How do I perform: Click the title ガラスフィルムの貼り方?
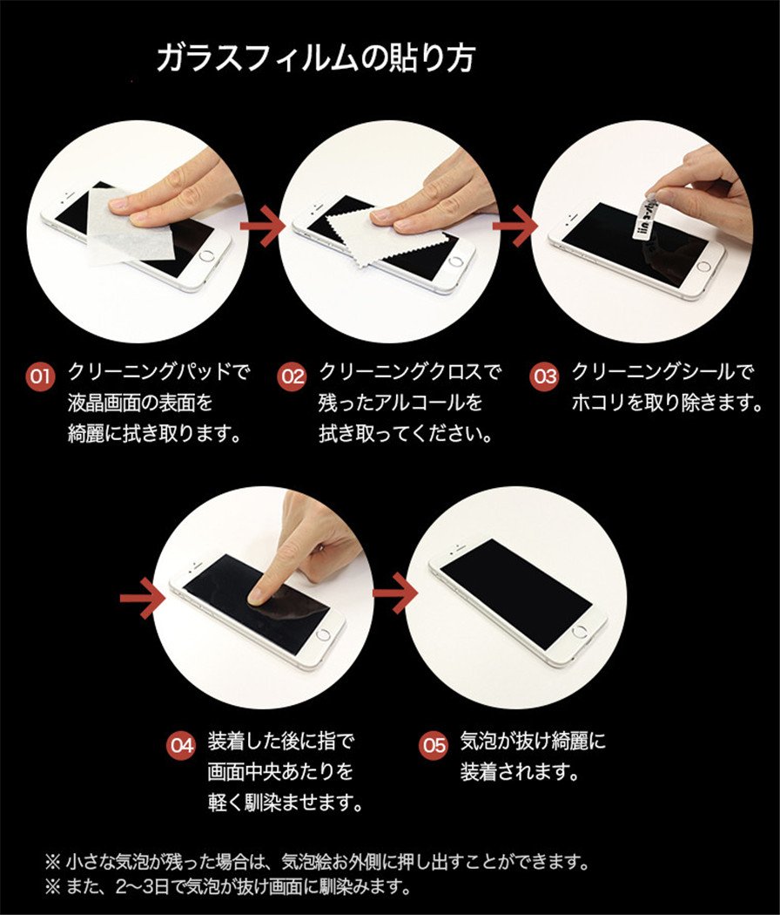pos(315,58)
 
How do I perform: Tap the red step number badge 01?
pos(41,376)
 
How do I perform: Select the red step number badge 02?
pos(292,376)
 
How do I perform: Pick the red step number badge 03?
pos(544,376)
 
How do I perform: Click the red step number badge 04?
pos(181,745)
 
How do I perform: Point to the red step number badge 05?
pos(434,745)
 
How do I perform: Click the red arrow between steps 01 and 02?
pos(262,225)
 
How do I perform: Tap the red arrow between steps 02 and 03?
pos(514,226)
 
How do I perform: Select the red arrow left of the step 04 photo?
pos(142,598)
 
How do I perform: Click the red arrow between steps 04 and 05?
pos(395,593)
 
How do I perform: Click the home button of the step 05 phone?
pos(580,632)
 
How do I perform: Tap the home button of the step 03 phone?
pos(703,267)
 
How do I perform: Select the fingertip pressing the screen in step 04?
pos(257,596)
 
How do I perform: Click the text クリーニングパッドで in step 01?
pos(159,371)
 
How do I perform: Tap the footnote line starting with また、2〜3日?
pos(228,887)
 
